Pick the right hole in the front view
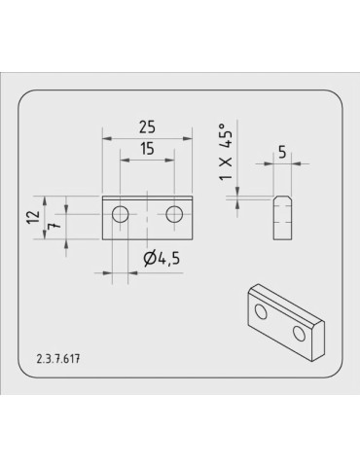(x=175, y=214)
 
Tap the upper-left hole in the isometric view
(x=261, y=312)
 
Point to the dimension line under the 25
(x=149, y=137)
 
